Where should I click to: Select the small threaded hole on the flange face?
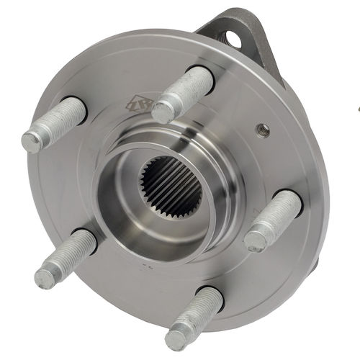click(264, 130)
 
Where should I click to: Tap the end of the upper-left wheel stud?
click(32, 141)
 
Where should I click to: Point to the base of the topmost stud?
click(202, 76)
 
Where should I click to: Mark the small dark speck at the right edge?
click(358, 109)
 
